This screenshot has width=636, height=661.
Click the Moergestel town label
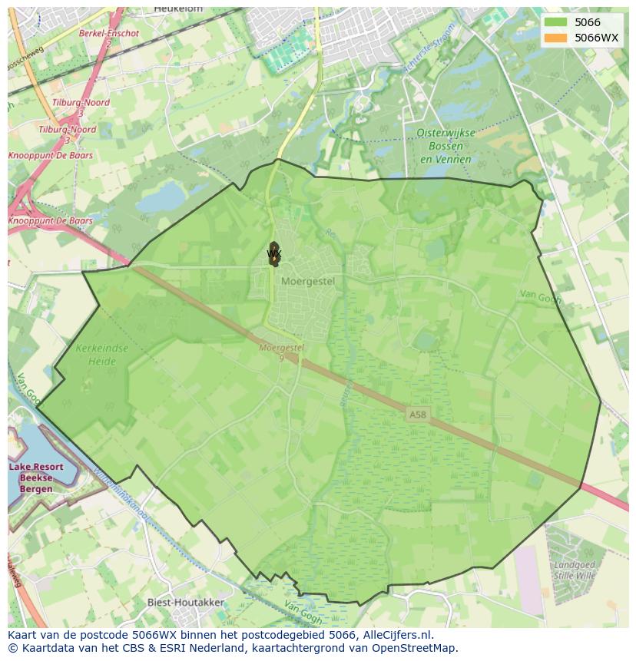pyautogui.click(x=308, y=281)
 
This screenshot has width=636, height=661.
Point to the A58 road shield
pyautogui.click(x=417, y=415)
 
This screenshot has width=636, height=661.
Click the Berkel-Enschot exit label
pyautogui.click(x=109, y=34)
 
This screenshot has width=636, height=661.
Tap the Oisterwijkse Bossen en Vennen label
pyautogui.click(x=446, y=145)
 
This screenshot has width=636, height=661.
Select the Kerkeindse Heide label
pyautogui.click(x=102, y=353)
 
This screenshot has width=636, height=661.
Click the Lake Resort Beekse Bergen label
pyautogui.click(x=36, y=478)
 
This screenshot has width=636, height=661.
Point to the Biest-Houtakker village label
pyautogui.click(x=186, y=603)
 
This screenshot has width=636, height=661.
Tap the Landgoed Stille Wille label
pyautogui.click(x=575, y=569)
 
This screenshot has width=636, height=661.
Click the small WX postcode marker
pyautogui.click(x=274, y=253)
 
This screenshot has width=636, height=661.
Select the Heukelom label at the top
pyautogui.click(x=178, y=8)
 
